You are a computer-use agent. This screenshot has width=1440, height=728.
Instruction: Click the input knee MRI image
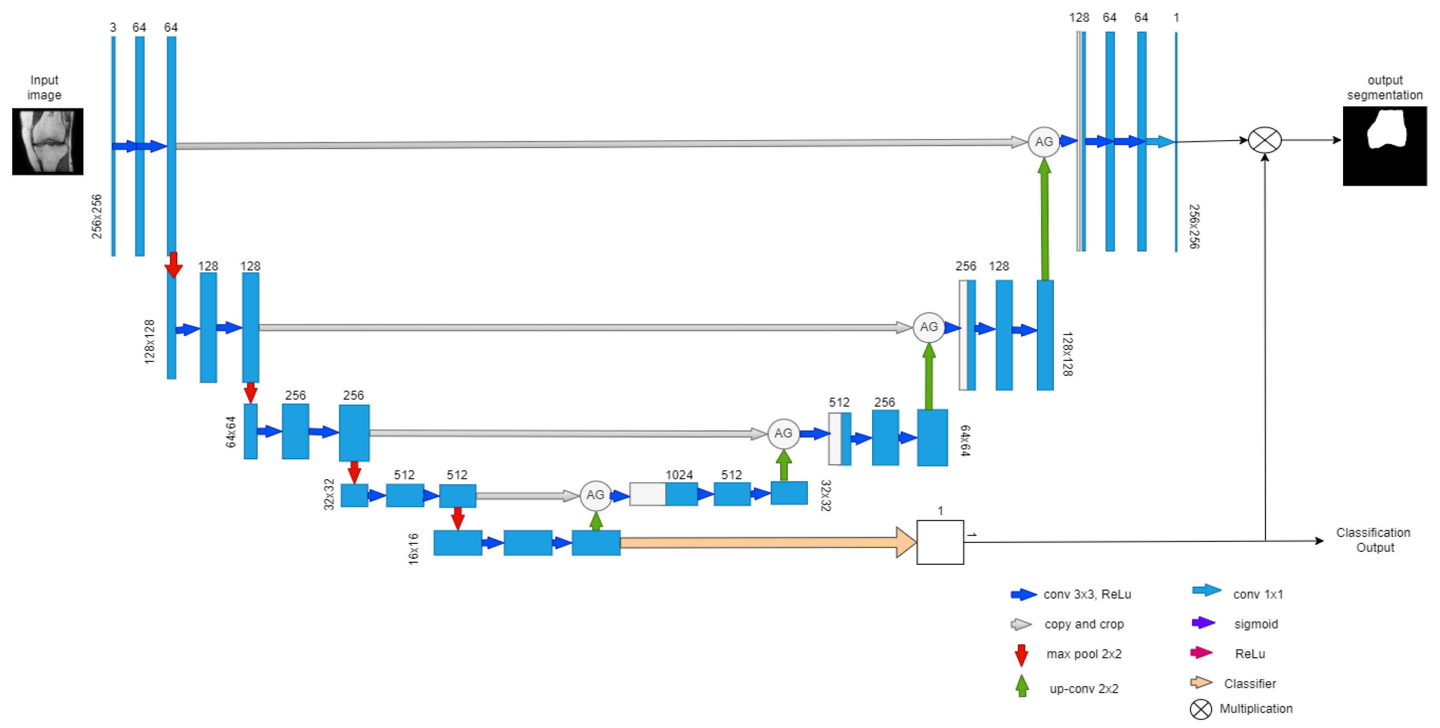(x=48, y=141)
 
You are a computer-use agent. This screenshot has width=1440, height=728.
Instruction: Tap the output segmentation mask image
(x=1384, y=146)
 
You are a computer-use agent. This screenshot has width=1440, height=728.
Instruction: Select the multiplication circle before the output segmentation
(x=1264, y=140)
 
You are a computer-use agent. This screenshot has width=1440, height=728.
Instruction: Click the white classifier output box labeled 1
(x=939, y=542)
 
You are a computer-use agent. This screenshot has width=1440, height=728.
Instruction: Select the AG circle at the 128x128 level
(x=929, y=327)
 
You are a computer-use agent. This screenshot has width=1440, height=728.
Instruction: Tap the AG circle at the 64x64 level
(x=783, y=433)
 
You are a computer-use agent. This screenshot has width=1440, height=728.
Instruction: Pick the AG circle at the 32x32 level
(x=595, y=495)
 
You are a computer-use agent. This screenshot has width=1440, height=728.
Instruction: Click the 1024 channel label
(x=679, y=475)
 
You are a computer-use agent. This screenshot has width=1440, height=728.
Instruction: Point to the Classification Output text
(x=1374, y=540)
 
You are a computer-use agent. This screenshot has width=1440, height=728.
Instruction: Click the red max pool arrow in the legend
(x=1021, y=655)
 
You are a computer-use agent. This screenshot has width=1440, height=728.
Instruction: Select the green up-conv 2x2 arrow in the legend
(x=1022, y=686)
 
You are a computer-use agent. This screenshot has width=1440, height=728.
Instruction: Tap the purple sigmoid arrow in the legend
(x=1203, y=623)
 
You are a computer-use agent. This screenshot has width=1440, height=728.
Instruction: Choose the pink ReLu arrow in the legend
(x=1201, y=652)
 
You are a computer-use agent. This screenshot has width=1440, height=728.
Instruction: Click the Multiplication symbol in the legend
(x=1201, y=709)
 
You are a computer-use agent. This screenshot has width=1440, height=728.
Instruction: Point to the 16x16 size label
(x=413, y=549)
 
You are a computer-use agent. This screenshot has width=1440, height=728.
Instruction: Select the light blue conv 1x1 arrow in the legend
(x=1206, y=591)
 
